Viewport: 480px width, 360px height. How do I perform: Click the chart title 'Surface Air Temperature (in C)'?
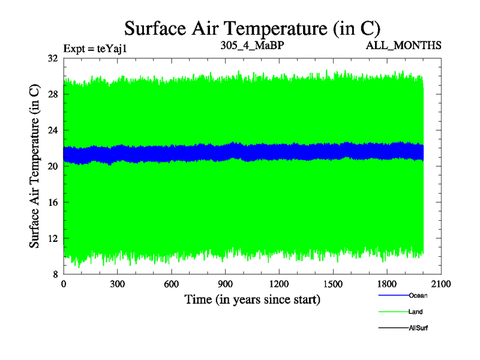point(252,28)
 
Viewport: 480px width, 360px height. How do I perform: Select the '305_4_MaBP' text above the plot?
point(247,45)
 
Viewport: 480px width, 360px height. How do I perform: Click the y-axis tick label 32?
point(52,59)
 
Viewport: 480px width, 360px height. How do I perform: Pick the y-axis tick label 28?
point(52,95)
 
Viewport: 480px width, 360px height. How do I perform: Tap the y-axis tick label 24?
point(52,131)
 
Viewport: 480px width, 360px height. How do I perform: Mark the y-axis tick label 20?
point(52,167)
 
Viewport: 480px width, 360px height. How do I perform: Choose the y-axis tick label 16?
point(52,203)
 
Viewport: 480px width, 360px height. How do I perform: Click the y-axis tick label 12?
point(52,239)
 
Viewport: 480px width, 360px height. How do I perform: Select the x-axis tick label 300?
point(118,284)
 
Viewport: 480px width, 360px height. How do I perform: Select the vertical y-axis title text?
point(35,167)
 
